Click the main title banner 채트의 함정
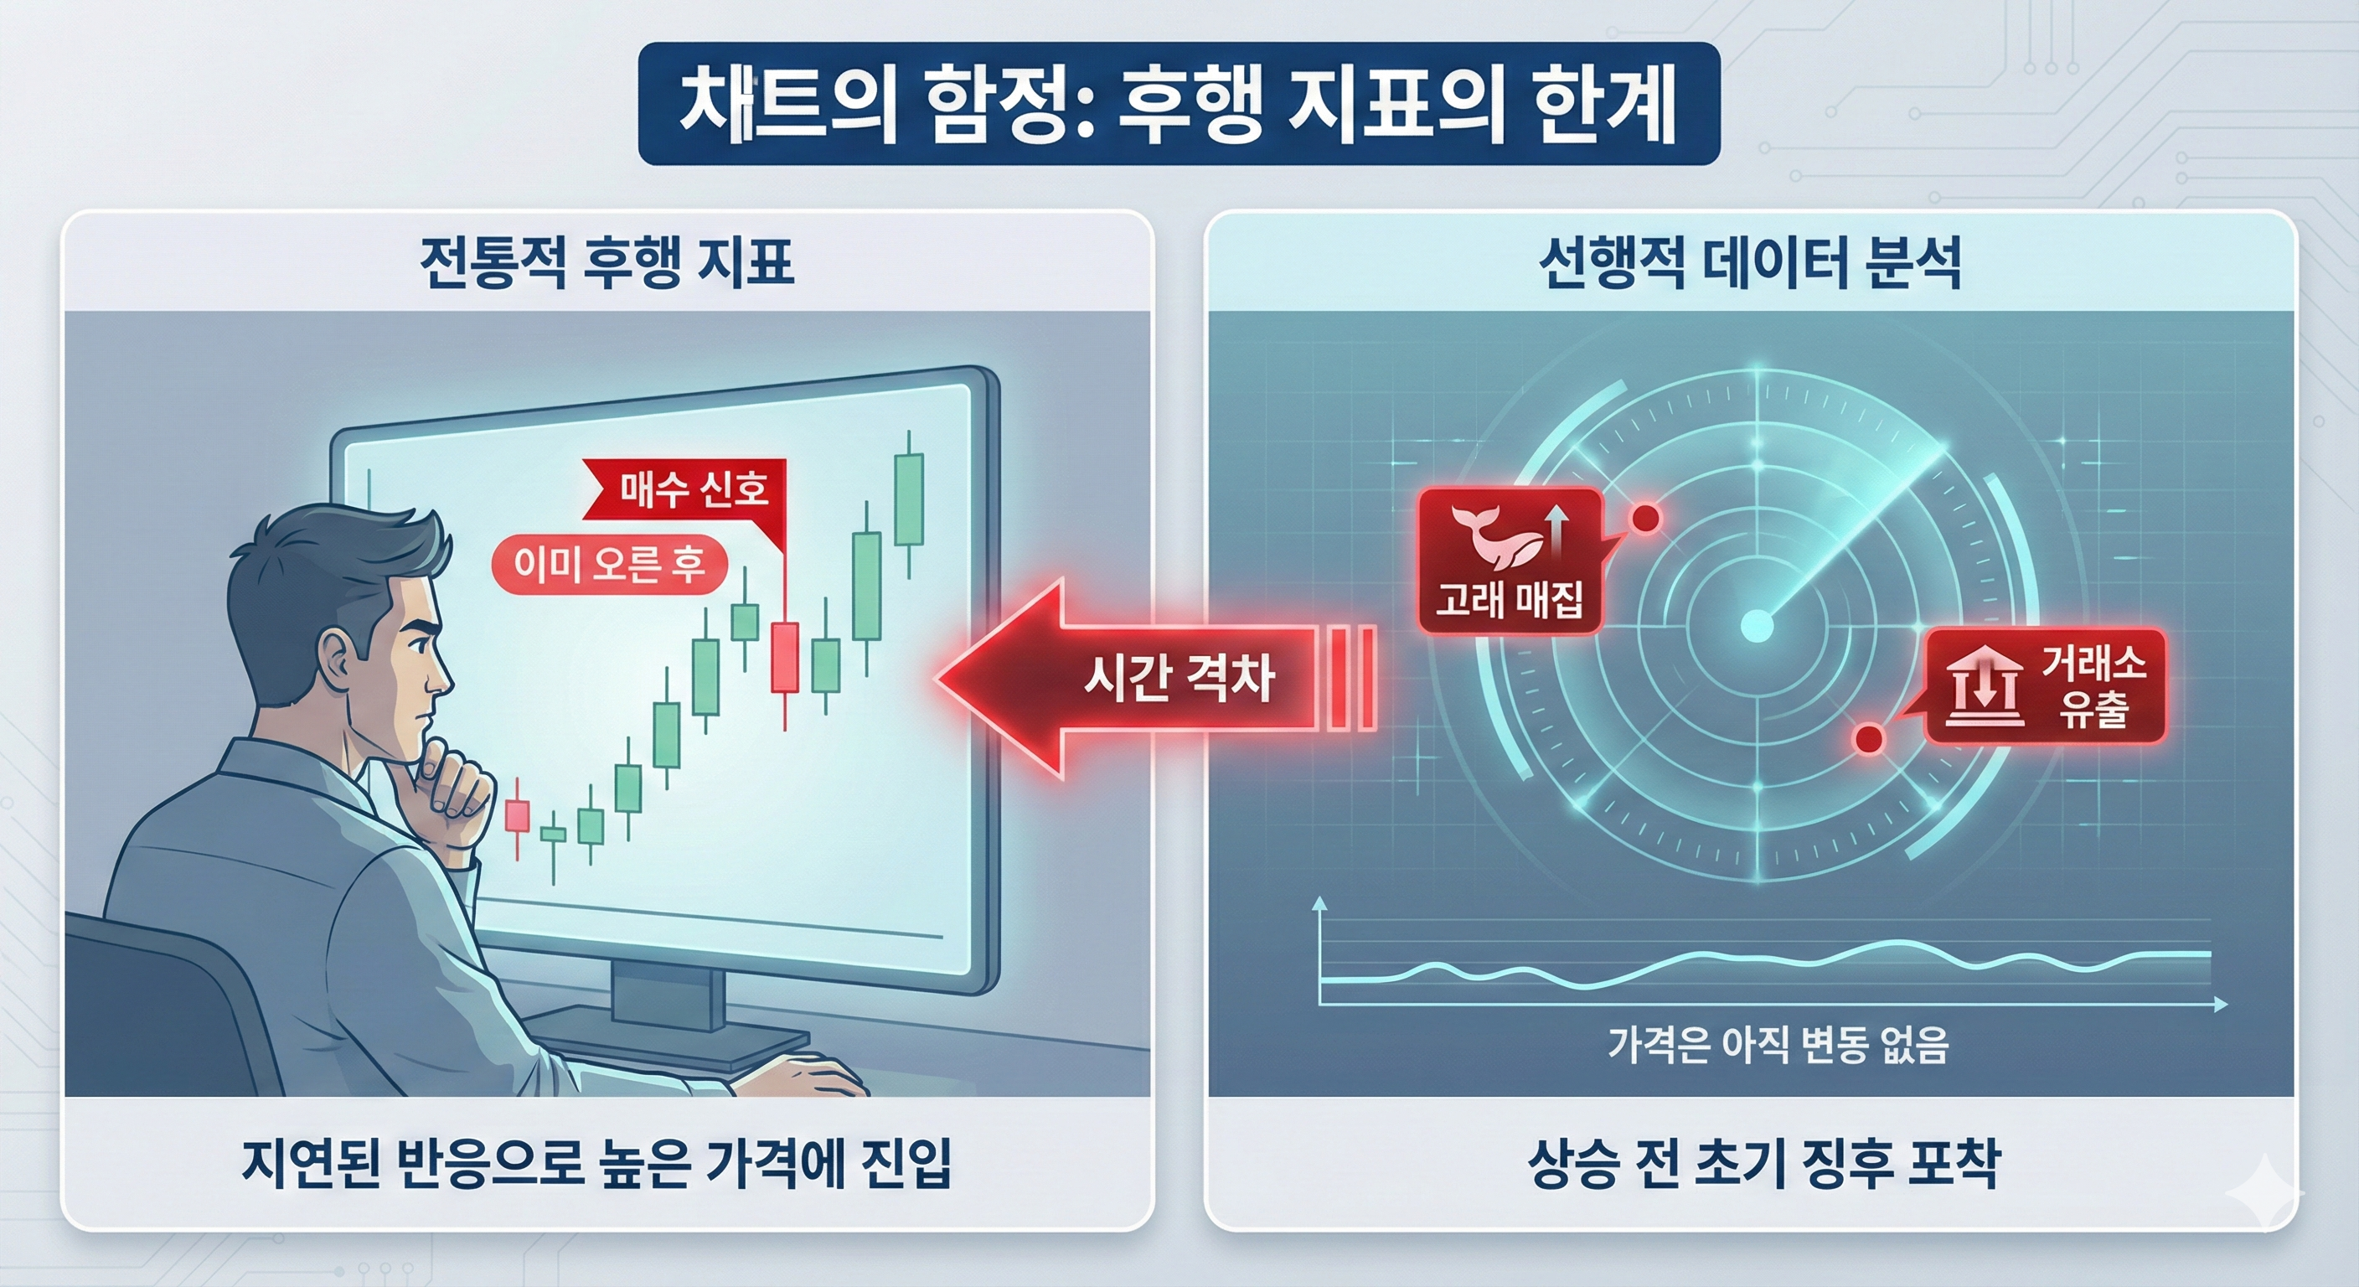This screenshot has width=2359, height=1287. tap(1178, 104)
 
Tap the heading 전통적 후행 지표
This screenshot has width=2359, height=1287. tap(607, 264)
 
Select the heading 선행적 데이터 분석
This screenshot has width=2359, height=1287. tap(1750, 264)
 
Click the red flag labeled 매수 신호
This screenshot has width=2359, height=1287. tap(694, 490)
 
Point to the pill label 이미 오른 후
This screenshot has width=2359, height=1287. tap(609, 564)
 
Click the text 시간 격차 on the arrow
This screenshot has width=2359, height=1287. tap(1179, 679)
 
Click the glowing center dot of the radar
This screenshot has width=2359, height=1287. tap(1757, 626)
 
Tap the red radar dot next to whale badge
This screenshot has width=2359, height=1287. tap(1644, 519)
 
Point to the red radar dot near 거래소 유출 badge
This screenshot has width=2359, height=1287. tap(1868, 737)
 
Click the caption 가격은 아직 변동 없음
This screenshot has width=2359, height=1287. tap(1778, 1044)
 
